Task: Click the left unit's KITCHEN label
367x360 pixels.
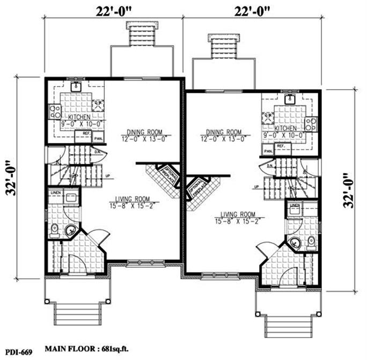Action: coord(78,117)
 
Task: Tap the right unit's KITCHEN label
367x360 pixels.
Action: coord(285,129)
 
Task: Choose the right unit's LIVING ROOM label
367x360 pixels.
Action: coord(236,213)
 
